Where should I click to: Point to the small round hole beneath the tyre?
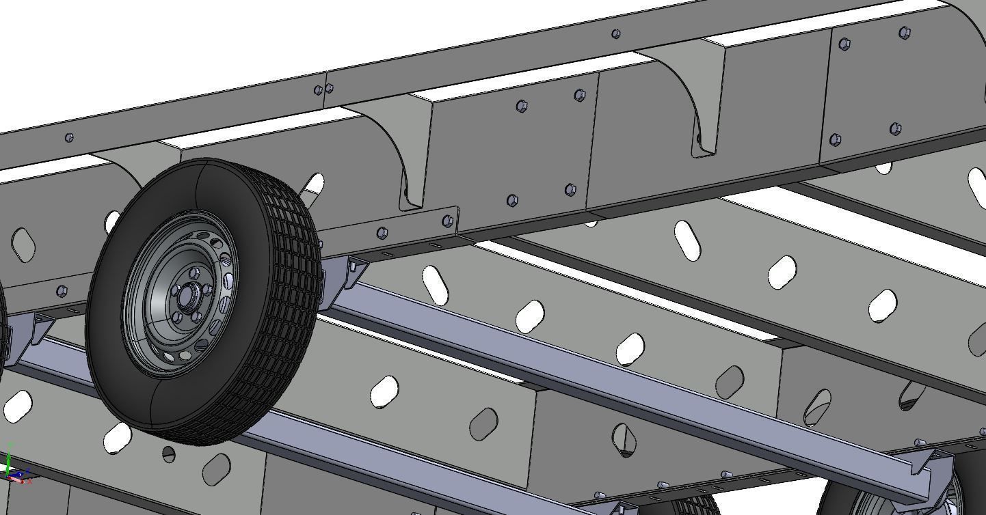click(x=169, y=454)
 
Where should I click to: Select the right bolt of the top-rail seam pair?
click(x=330, y=88)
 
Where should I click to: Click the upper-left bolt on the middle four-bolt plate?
click(x=521, y=106)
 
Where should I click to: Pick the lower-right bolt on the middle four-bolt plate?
click(x=571, y=190)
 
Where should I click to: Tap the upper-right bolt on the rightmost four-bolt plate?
click(x=905, y=32)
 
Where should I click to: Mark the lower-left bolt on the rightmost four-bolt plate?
click(x=835, y=139)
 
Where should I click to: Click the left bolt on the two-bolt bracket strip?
click(x=382, y=234)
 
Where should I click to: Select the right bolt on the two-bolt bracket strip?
click(x=447, y=221)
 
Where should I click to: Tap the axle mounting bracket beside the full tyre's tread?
click(x=342, y=280)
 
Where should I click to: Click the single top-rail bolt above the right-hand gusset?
click(x=615, y=33)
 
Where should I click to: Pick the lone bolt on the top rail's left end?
click(x=69, y=138)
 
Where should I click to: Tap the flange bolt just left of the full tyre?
click(x=62, y=292)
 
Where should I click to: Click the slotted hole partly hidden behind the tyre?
click(x=313, y=184)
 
